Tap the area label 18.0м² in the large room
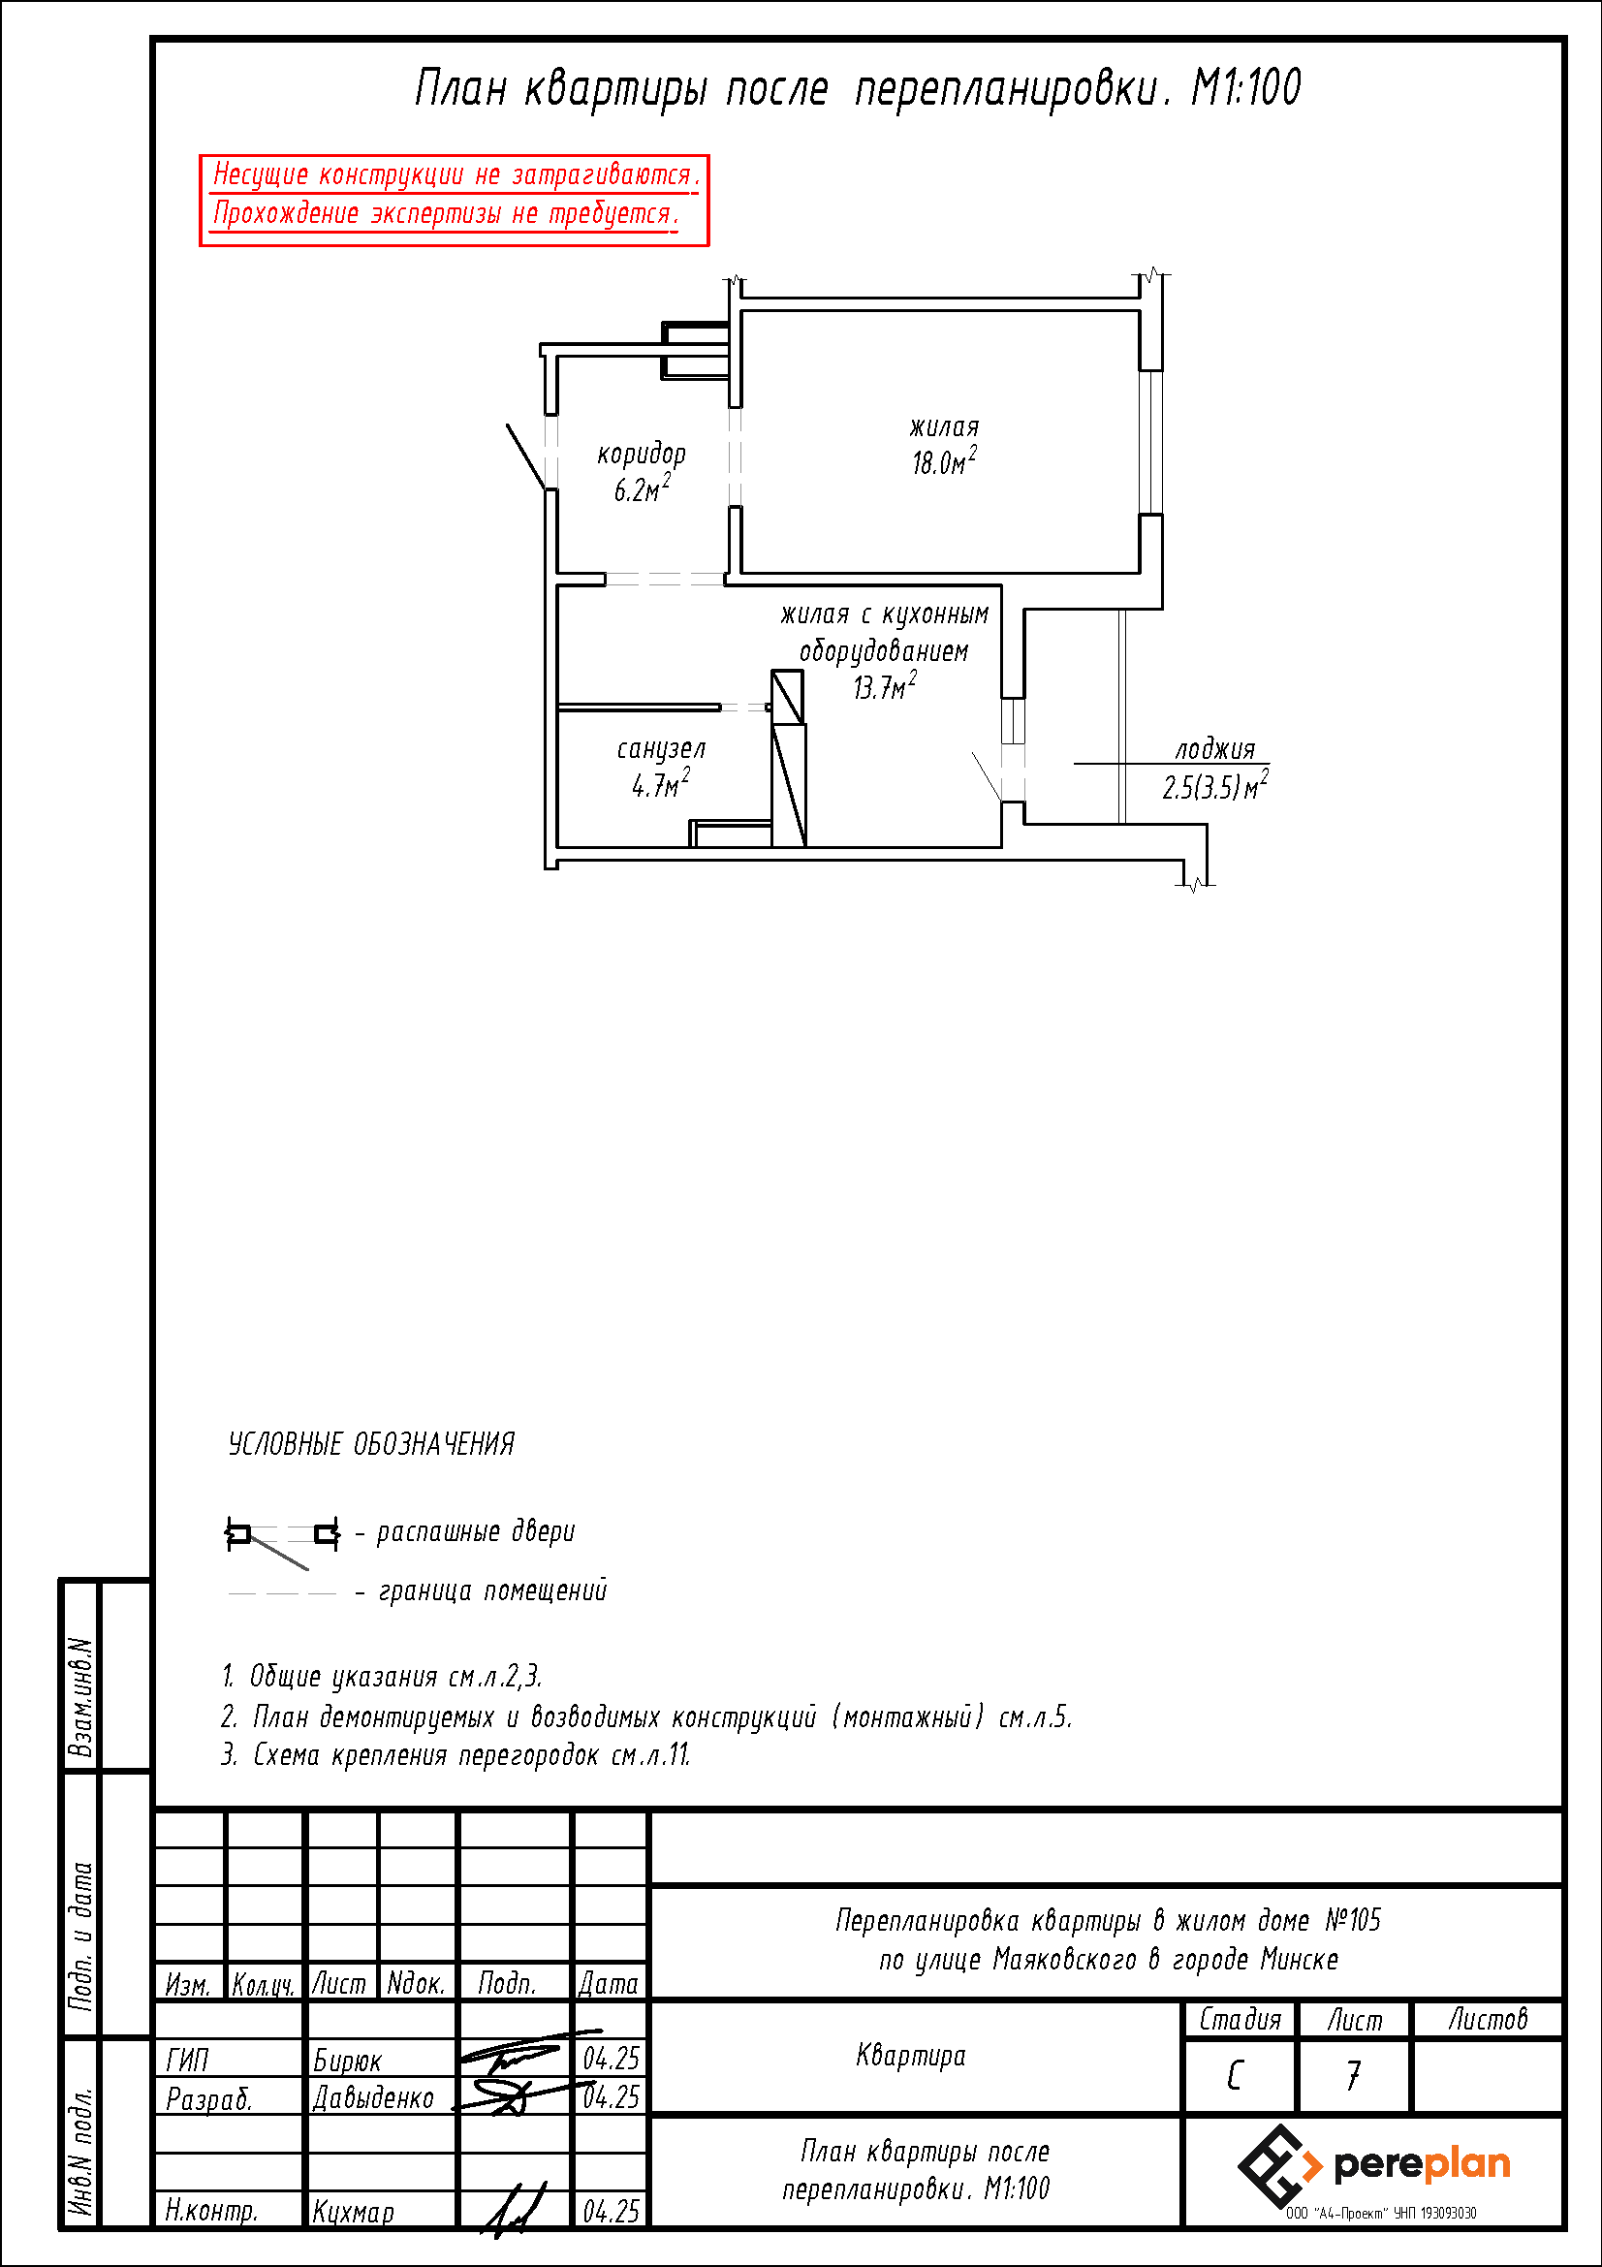(x=945, y=461)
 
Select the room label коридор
(x=642, y=455)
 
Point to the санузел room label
(x=661, y=749)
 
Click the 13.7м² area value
(x=885, y=685)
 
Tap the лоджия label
(x=1215, y=750)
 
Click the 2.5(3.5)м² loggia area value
(x=1215, y=786)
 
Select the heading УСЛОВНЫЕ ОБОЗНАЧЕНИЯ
(x=371, y=1444)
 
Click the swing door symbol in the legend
(x=282, y=1536)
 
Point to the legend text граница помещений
(x=492, y=1590)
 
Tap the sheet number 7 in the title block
(x=1353, y=2075)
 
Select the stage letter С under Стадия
(x=1235, y=2075)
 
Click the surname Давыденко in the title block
(x=373, y=2097)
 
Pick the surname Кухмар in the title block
(x=354, y=2212)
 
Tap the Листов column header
(x=1488, y=2020)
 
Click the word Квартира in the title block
(x=911, y=2056)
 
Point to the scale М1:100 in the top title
(x=1245, y=88)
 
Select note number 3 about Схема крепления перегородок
(x=455, y=1754)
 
